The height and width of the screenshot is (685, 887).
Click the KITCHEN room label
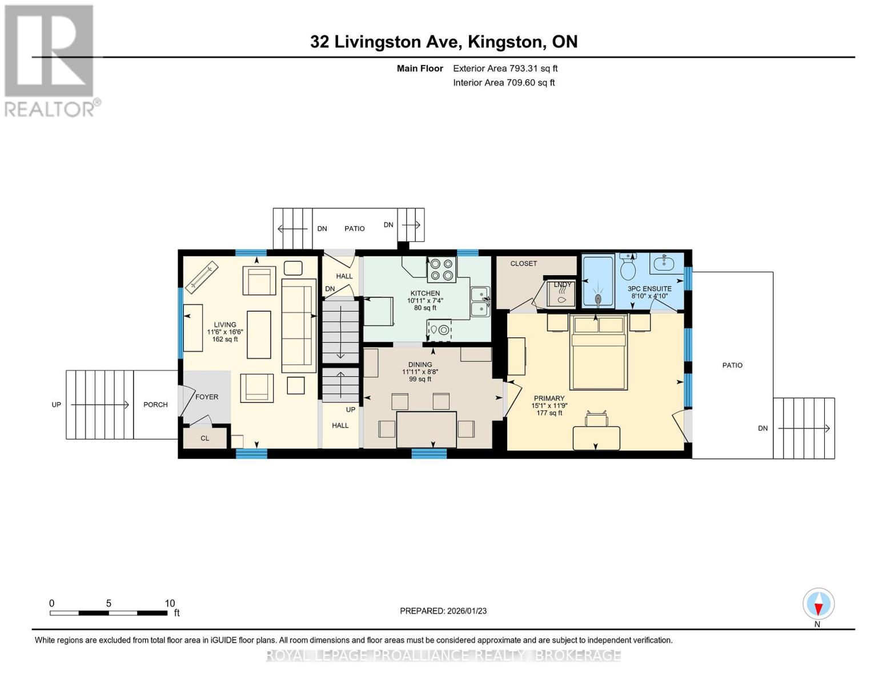point(425,293)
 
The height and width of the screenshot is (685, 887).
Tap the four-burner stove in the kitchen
point(442,269)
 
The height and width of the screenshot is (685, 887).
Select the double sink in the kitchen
point(480,301)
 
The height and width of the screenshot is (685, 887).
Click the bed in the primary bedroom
point(598,352)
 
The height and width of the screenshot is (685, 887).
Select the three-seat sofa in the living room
point(299,325)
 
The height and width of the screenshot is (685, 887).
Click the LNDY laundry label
point(563,284)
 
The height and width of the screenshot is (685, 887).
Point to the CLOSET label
point(523,263)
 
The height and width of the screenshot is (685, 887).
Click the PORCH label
point(155,405)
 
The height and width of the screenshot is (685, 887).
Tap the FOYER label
point(207,397)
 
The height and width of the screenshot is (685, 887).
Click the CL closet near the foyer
point(204,438)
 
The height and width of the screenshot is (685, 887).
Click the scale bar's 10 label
point(170,603)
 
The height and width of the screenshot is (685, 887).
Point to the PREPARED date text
point(443,611)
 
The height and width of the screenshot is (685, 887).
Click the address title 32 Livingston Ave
point(444,42)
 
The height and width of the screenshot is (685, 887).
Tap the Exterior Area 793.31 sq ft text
point(505,68)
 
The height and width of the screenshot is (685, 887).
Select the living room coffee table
point(259,335)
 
